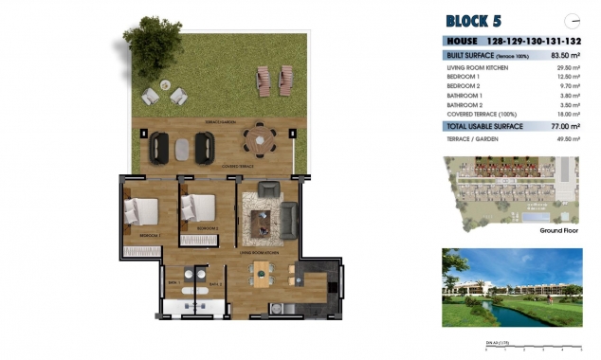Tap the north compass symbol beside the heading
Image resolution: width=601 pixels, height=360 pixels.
coord(571,19)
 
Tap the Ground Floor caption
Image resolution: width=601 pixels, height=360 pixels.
coord(558,230)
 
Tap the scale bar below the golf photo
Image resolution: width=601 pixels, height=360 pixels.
coord(532,347)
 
